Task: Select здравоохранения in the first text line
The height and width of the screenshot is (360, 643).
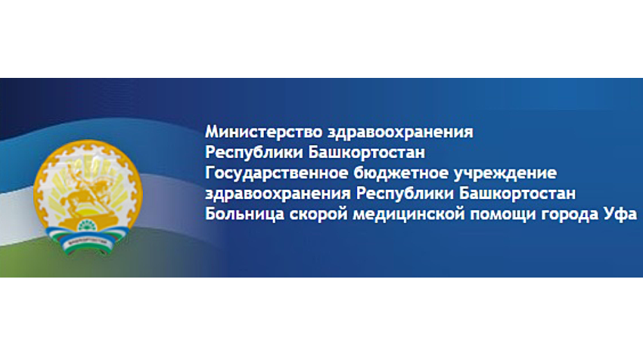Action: [x=401, y=133]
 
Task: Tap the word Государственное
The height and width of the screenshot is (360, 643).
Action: [x=277, y=173]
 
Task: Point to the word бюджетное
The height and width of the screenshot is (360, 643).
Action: [x=401, y=173]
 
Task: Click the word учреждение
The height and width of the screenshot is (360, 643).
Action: [x=505, y=174]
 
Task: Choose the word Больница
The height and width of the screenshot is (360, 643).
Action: [x=245, y=213]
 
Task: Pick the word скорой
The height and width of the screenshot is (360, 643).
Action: [x=318, y=215]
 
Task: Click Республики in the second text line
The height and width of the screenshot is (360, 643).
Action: [x=254, y=153]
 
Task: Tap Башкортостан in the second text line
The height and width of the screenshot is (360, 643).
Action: [x=367, y=152]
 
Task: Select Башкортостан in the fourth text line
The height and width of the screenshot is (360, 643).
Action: [x=517, y=193]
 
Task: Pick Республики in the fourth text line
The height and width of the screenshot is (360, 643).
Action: [x=405, y=194]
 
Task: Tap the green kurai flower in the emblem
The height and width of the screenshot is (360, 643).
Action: [x=86, y=225]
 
